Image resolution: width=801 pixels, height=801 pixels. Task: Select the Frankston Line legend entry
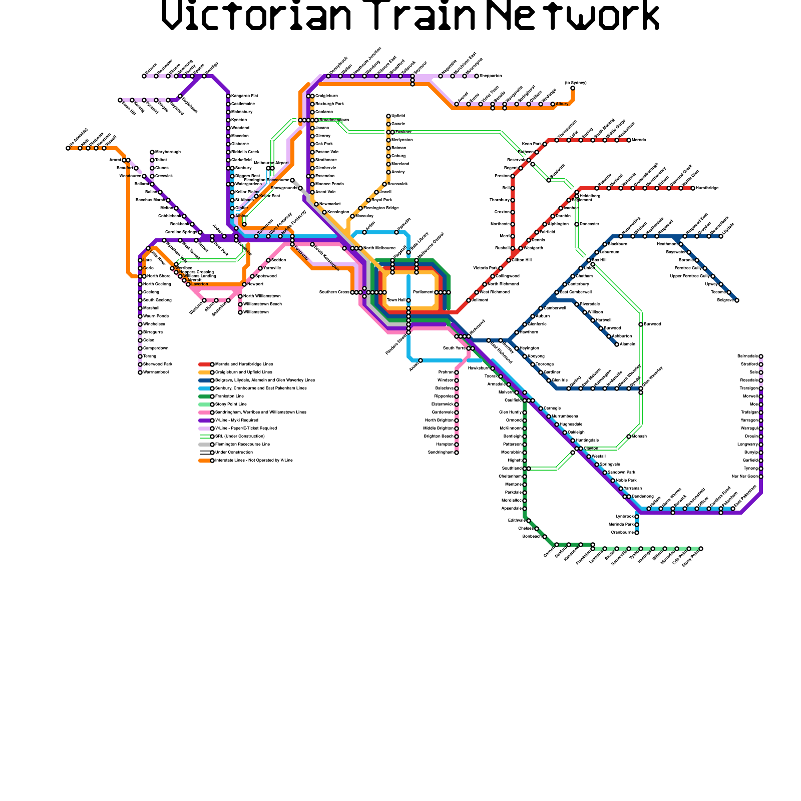pos(229,396)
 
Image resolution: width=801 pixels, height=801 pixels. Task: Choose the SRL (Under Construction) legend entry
pos(233,436)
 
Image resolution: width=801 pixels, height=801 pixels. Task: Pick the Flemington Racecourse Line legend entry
pos(242,444)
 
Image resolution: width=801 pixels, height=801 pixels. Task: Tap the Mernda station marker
pos(629,140)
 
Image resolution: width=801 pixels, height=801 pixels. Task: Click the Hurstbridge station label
pos(707,188)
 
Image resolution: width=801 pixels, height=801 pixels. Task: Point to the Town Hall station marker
pos(409,300)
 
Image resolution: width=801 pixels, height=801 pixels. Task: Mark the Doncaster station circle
pos(577,224)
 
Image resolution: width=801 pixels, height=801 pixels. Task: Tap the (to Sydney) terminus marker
pos(573,88)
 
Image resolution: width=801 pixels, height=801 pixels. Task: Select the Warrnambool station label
pos(156,372)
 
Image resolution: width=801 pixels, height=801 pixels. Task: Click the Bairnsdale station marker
pos(761,356)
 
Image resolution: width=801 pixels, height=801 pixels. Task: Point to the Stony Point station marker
pos(701,549)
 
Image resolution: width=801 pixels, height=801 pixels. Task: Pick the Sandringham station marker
pos(457,453)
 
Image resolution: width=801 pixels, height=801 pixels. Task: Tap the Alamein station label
pos(627,344)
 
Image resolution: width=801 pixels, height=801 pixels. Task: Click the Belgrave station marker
pos(737,300)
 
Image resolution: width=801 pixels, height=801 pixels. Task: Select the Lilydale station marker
pos(721,236)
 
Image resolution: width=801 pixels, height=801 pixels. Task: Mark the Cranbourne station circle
pos(637,533)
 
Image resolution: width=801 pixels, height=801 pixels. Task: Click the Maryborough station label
pos(168,152)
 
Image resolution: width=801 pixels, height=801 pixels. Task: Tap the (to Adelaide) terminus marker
pos(68,148)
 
